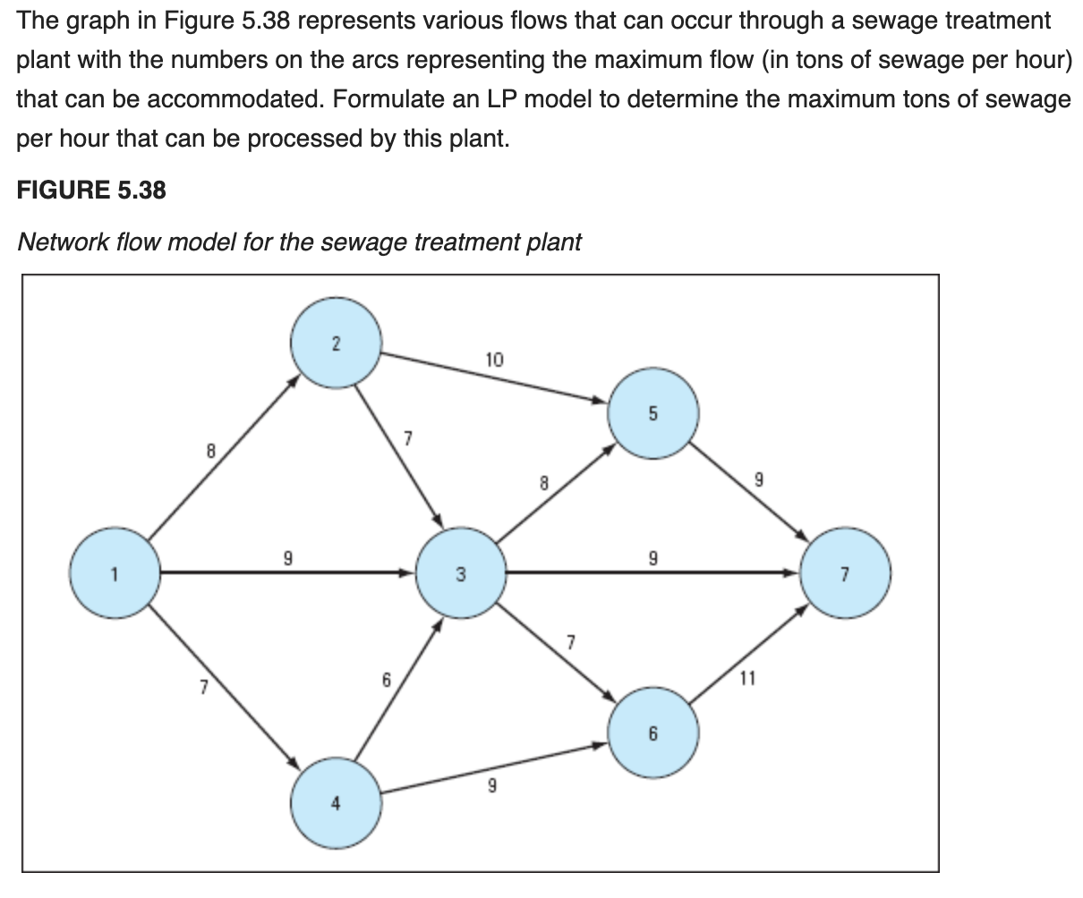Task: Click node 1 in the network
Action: click(x=115, y=573)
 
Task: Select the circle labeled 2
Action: click(x=336, y=343)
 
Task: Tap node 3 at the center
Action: click(x=462, y=573)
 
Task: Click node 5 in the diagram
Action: click(x=652, y=413)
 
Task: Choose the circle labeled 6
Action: click(x=652, y=733)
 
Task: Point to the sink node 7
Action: click(x=845, y=573)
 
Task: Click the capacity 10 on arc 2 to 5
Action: click(x=494, y=360)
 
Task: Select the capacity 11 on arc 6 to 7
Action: click(x=747, y=678)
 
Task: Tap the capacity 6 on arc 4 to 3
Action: click(x=387, y=680)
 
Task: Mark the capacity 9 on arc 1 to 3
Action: click(x=287, y=560)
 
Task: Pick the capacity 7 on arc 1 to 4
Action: click(x=203, y=688)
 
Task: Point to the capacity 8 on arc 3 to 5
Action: click(x=542, y=483)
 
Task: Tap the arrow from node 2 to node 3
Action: click(x=399, y=456)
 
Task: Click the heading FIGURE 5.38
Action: click(x=91, y=190)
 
